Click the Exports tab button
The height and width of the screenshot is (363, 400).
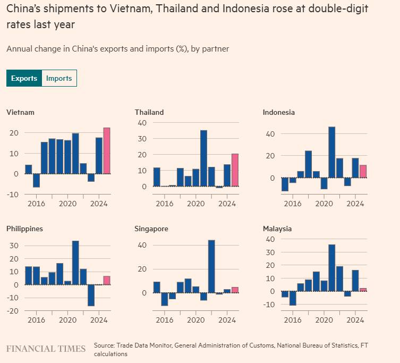click(x=24, y=78)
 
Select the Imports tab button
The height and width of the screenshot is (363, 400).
click(x=59, y=78)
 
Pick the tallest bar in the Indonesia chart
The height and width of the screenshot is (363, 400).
click(x=332, y=152)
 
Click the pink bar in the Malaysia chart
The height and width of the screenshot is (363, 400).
click(x=363, y=290)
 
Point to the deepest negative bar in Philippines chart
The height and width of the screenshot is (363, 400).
click(x=91, y=295)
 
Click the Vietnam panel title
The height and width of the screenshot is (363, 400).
click(x=20, y=112)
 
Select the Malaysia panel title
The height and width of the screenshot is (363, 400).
click(x=277, y=229)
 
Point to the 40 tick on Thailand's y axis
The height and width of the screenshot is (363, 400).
click(x=142, y=123)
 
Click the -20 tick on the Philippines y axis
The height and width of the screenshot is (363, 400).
click(x=13, y=311)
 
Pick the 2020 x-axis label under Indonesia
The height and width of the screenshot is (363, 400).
click(x=324, y=204)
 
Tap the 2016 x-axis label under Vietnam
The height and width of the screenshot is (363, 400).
click(x=36, y=204)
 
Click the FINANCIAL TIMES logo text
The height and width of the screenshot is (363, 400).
click(x=46, y=349)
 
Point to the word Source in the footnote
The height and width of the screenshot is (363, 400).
click(x=105, y=345)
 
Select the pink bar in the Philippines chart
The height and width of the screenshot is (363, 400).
click(x=106, y=280)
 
